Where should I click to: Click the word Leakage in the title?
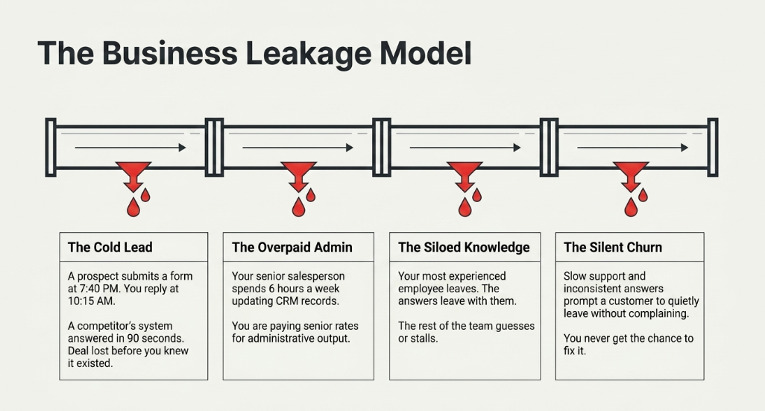click(x=309, y=54)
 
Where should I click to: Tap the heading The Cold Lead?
click(x=110, y=248)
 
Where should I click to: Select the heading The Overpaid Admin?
click(x=292, y=248)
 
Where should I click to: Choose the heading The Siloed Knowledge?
click(x=464, y=248)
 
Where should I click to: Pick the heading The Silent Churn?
click(x=613, y=248)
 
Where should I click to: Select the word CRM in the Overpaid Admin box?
click(x=286, y=301)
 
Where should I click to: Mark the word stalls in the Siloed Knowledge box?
click(x=424, y=338)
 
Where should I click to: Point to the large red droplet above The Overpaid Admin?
click(x=298, y=207)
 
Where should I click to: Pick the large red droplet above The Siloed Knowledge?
click(x=465, y=207)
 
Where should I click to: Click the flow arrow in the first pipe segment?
click(x=130, y=148)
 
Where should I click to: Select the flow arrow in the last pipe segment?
click(x=633, y=148)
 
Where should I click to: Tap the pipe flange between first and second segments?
click(x=214, y=147)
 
